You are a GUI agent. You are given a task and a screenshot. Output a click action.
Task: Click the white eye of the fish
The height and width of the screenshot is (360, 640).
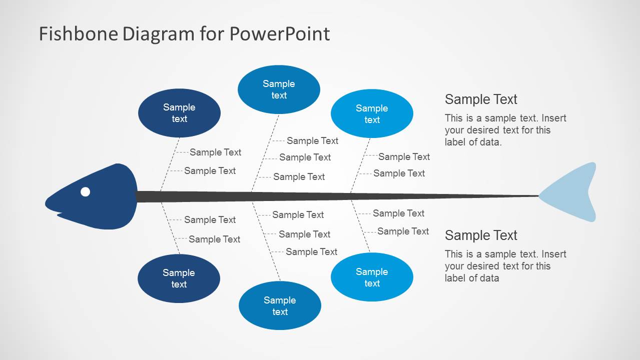86,191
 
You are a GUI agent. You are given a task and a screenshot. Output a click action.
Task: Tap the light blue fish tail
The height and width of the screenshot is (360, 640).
575,193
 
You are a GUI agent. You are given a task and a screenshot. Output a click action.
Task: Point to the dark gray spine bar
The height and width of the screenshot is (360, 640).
325,196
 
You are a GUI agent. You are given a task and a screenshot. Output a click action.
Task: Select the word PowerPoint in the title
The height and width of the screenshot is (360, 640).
280,34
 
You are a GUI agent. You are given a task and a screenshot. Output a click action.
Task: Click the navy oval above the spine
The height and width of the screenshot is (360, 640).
179,113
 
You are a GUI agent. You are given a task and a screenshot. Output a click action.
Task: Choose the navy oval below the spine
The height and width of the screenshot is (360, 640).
179,278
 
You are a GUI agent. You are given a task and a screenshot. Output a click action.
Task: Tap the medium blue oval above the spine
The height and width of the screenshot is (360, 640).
279,89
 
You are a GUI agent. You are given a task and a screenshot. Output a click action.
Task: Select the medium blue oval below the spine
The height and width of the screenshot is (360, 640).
280,305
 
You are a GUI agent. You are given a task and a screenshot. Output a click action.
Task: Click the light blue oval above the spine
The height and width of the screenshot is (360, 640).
372,114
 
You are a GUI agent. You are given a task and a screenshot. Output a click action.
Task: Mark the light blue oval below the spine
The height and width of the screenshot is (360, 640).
372,277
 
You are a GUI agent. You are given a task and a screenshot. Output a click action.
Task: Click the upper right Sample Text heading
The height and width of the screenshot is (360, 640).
481,99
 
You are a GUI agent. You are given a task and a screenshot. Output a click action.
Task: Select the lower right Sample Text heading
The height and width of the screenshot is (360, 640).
481,235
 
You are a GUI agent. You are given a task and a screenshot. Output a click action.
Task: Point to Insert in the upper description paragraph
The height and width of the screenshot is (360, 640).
553,118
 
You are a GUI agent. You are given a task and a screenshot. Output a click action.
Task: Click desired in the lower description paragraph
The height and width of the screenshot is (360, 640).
485,266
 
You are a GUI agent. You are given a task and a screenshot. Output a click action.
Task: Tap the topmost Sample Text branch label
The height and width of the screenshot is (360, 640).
312,141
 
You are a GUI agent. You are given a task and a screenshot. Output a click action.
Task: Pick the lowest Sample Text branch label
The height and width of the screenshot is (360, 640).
311,252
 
